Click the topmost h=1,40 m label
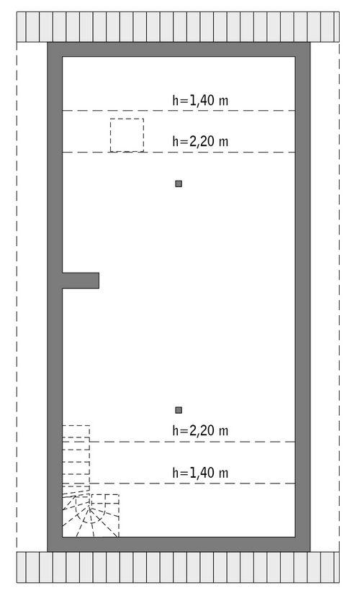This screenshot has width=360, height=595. [200, 101]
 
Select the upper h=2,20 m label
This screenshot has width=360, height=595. [200, 142]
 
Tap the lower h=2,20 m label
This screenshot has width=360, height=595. [200, 431]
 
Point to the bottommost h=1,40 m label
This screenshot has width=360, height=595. [200, 473]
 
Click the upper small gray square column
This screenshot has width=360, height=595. [179, 183]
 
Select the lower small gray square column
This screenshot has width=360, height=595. [179, 410]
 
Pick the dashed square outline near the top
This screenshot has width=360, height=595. [127, 135]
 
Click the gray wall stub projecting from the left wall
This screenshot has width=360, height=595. [80, 280]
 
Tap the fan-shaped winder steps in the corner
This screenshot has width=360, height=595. [90, 515]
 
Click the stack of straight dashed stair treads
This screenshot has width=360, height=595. [76, 457]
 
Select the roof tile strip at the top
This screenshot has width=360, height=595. [180, 27]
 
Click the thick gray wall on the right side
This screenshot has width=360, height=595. [303, 288]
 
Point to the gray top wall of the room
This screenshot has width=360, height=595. [180, 49]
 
